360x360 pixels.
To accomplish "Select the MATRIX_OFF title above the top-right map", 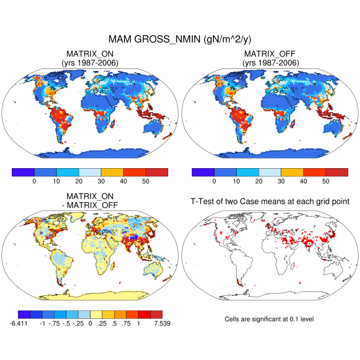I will (270, 53).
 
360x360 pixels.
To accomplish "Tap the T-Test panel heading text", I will (270, 202).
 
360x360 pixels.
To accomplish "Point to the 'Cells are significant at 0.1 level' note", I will (269, 319).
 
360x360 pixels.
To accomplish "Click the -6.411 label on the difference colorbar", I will (19, 323).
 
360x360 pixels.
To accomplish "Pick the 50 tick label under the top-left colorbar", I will (146, 181).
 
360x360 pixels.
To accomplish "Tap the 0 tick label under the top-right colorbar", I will (214, 181).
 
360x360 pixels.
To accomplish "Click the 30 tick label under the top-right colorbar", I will (281, 181).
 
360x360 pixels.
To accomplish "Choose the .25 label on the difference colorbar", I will (102, 323).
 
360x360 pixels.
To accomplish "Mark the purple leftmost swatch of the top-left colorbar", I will (23, 172).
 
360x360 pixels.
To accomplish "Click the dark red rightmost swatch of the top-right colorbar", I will (337, 172).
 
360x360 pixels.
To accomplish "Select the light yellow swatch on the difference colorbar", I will (96, 314).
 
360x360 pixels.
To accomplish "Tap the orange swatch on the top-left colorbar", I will (112, 172).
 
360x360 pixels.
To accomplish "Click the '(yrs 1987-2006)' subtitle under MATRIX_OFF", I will (270, 63).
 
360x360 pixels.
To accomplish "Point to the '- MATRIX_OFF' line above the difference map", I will (93, 205).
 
